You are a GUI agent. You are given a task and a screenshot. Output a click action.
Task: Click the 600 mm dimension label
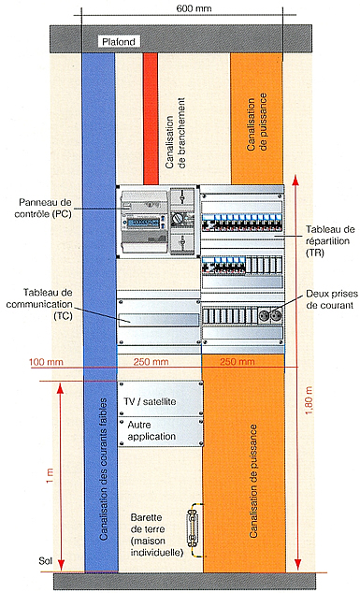194,7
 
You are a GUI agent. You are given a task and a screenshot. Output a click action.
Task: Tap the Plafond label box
119,41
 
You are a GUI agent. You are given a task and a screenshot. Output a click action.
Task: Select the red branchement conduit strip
151,119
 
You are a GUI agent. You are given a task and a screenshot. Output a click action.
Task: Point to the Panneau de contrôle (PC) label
43,208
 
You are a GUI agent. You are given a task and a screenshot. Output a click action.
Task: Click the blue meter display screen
143,223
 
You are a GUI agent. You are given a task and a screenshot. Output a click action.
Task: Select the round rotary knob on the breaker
178,218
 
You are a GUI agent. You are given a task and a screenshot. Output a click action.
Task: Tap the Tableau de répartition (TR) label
330,241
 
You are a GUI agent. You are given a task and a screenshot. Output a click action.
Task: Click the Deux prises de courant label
331,299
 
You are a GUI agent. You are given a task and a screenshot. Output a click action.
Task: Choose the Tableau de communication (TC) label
39,304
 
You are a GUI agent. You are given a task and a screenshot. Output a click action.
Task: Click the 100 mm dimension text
46,362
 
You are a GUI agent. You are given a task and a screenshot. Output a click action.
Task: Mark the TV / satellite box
160,399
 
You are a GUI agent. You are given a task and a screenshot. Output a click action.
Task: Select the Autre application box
160,432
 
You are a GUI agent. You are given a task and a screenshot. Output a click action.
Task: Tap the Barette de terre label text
157,535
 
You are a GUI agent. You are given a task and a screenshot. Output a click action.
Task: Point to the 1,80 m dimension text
309,400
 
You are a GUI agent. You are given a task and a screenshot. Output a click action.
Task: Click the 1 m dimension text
50,476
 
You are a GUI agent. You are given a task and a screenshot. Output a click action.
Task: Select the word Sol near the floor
46,560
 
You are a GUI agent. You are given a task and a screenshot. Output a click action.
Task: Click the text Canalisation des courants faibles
103,469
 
